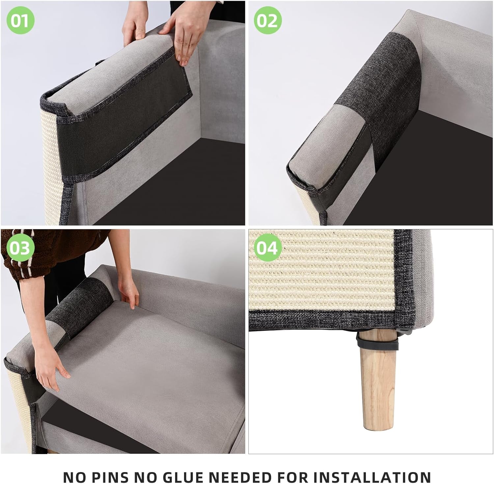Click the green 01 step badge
click(x=20, y=20)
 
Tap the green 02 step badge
click(x=268, y=20)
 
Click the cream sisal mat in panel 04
click(x=323, y=273)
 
